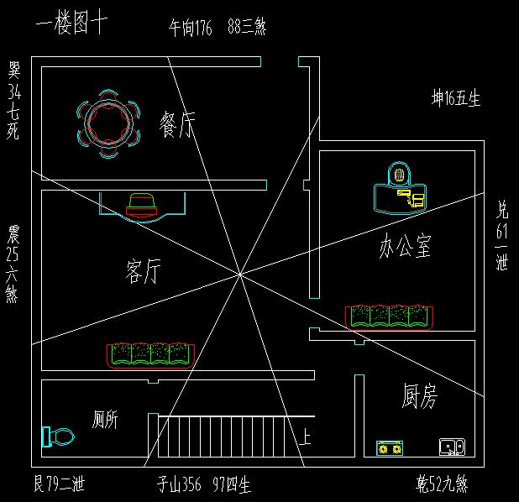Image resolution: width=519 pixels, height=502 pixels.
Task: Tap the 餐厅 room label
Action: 177,126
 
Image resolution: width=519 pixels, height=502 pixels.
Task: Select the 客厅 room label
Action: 143,271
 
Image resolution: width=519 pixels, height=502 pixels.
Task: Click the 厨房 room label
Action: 419,396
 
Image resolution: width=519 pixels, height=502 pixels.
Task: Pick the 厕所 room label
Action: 105,420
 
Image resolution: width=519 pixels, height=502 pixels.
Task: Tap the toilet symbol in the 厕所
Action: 58,437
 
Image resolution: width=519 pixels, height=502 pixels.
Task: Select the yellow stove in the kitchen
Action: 388,448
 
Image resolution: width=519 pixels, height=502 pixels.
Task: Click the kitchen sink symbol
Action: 451,447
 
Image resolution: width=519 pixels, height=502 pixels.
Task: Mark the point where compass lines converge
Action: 239,273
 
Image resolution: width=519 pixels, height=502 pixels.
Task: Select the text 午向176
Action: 191,29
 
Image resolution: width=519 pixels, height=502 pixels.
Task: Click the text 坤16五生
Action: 455,99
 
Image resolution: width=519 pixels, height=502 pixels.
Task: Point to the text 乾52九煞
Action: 442,484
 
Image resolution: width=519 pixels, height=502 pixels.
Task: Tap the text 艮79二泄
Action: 59,484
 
